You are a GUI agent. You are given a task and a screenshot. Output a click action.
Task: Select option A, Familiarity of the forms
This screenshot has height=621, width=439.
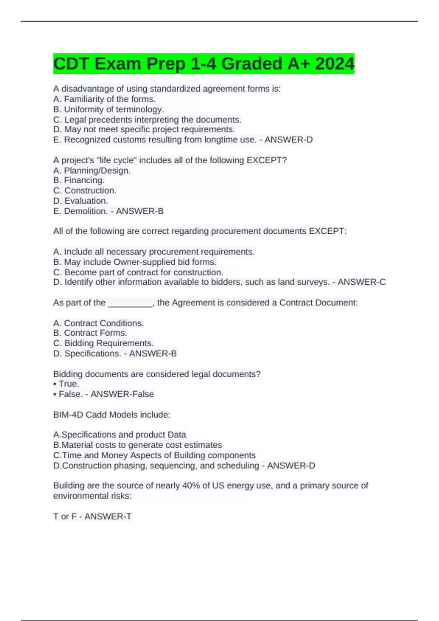104,99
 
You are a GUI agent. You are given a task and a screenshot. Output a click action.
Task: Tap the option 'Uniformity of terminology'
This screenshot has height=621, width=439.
108,109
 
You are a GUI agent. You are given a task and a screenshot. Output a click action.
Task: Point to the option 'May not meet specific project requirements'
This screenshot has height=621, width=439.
144,129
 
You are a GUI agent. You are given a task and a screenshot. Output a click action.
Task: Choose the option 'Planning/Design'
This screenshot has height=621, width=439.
92,171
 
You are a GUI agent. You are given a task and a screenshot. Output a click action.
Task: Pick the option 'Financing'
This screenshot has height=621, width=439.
79,180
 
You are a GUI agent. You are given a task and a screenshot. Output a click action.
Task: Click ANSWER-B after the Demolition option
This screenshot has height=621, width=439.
139,211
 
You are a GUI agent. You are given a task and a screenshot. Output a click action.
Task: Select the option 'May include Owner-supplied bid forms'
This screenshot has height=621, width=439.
135,262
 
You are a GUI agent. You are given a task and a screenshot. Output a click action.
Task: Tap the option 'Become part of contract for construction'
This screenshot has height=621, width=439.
138,272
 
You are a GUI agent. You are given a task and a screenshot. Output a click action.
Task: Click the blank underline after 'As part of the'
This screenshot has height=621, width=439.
130,303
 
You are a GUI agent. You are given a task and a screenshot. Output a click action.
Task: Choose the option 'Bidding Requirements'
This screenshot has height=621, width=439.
103,343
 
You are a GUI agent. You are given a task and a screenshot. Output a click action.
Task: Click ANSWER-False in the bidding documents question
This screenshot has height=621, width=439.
122,394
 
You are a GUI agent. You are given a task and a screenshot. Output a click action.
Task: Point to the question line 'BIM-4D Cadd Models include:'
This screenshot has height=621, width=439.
112,415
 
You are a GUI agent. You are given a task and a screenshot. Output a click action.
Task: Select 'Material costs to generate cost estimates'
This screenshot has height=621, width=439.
138,445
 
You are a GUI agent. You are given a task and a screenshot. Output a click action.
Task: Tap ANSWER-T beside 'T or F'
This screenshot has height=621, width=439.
108,517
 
